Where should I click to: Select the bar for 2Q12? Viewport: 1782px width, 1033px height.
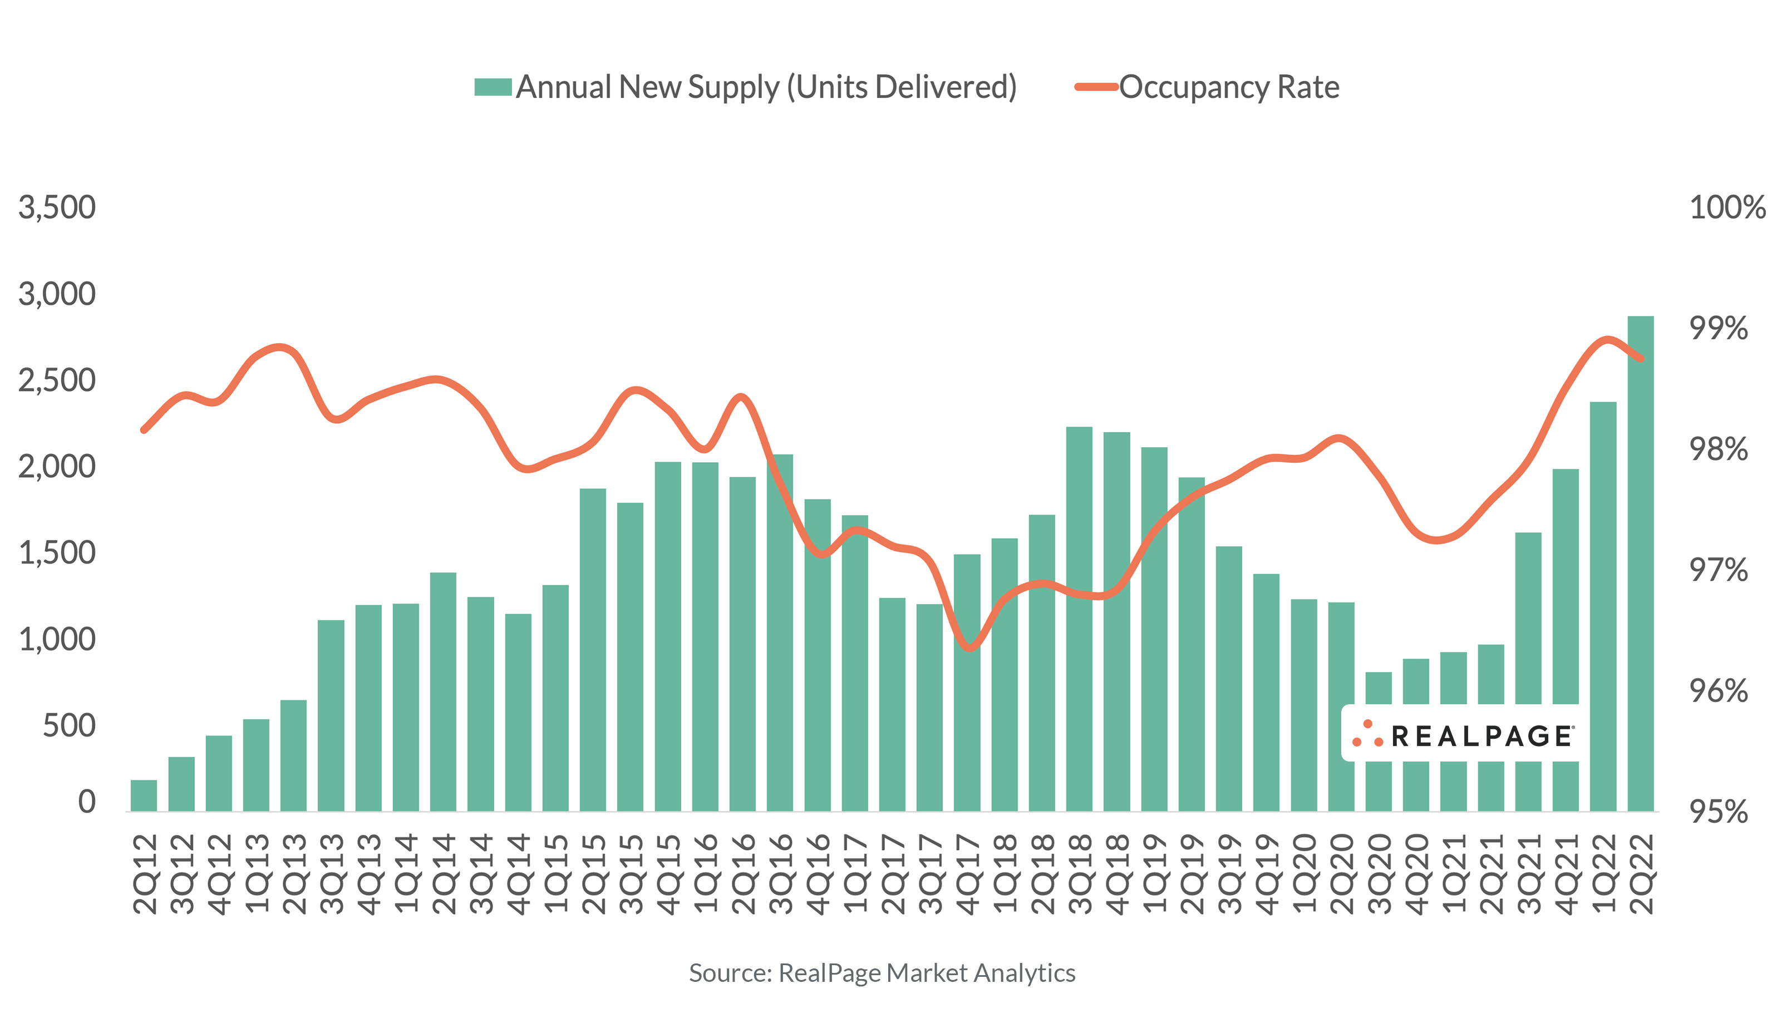pos(144,795)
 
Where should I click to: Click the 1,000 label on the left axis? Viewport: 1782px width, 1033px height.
pos(57,640)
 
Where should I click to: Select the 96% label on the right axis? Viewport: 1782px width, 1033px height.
pos(1719,691)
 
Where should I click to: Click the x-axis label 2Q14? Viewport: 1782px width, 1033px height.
pos(444,874)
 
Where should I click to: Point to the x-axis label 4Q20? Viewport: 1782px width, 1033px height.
pos(1416,874)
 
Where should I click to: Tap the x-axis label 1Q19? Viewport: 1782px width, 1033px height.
pos(1154,874)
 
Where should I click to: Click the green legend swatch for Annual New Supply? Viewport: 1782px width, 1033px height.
pos(493,87)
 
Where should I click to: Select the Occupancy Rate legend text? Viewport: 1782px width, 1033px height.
pos(1229,87)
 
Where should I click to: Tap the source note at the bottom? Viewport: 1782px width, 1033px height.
pos(882,973)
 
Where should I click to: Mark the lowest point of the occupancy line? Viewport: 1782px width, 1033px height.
pos(969,648)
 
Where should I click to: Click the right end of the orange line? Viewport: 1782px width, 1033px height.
pos(1642,358)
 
